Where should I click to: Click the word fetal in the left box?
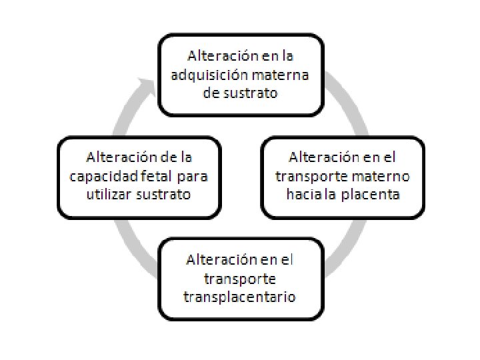coord(161,177)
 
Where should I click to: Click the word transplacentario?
coord(239,295)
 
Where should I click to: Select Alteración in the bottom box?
coord(217,259)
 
